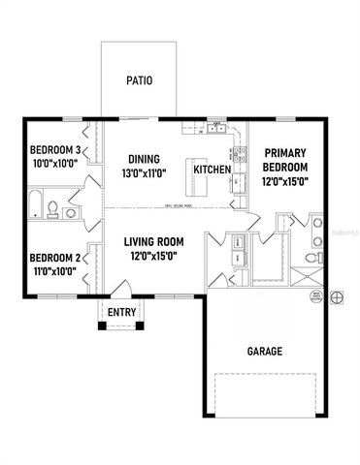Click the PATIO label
tap(139, 80)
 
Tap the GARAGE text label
tap(263, 352)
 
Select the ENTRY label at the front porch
tap(121, 312)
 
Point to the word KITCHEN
tap(212, 170)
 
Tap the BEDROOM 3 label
tap(53, 150)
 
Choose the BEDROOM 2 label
tap(53, 258)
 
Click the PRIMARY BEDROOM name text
tap(285, 160)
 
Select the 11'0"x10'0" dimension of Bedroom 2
tap(53, 272)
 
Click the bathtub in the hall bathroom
tap(34, 206)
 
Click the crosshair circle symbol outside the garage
tap(337, 296)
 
